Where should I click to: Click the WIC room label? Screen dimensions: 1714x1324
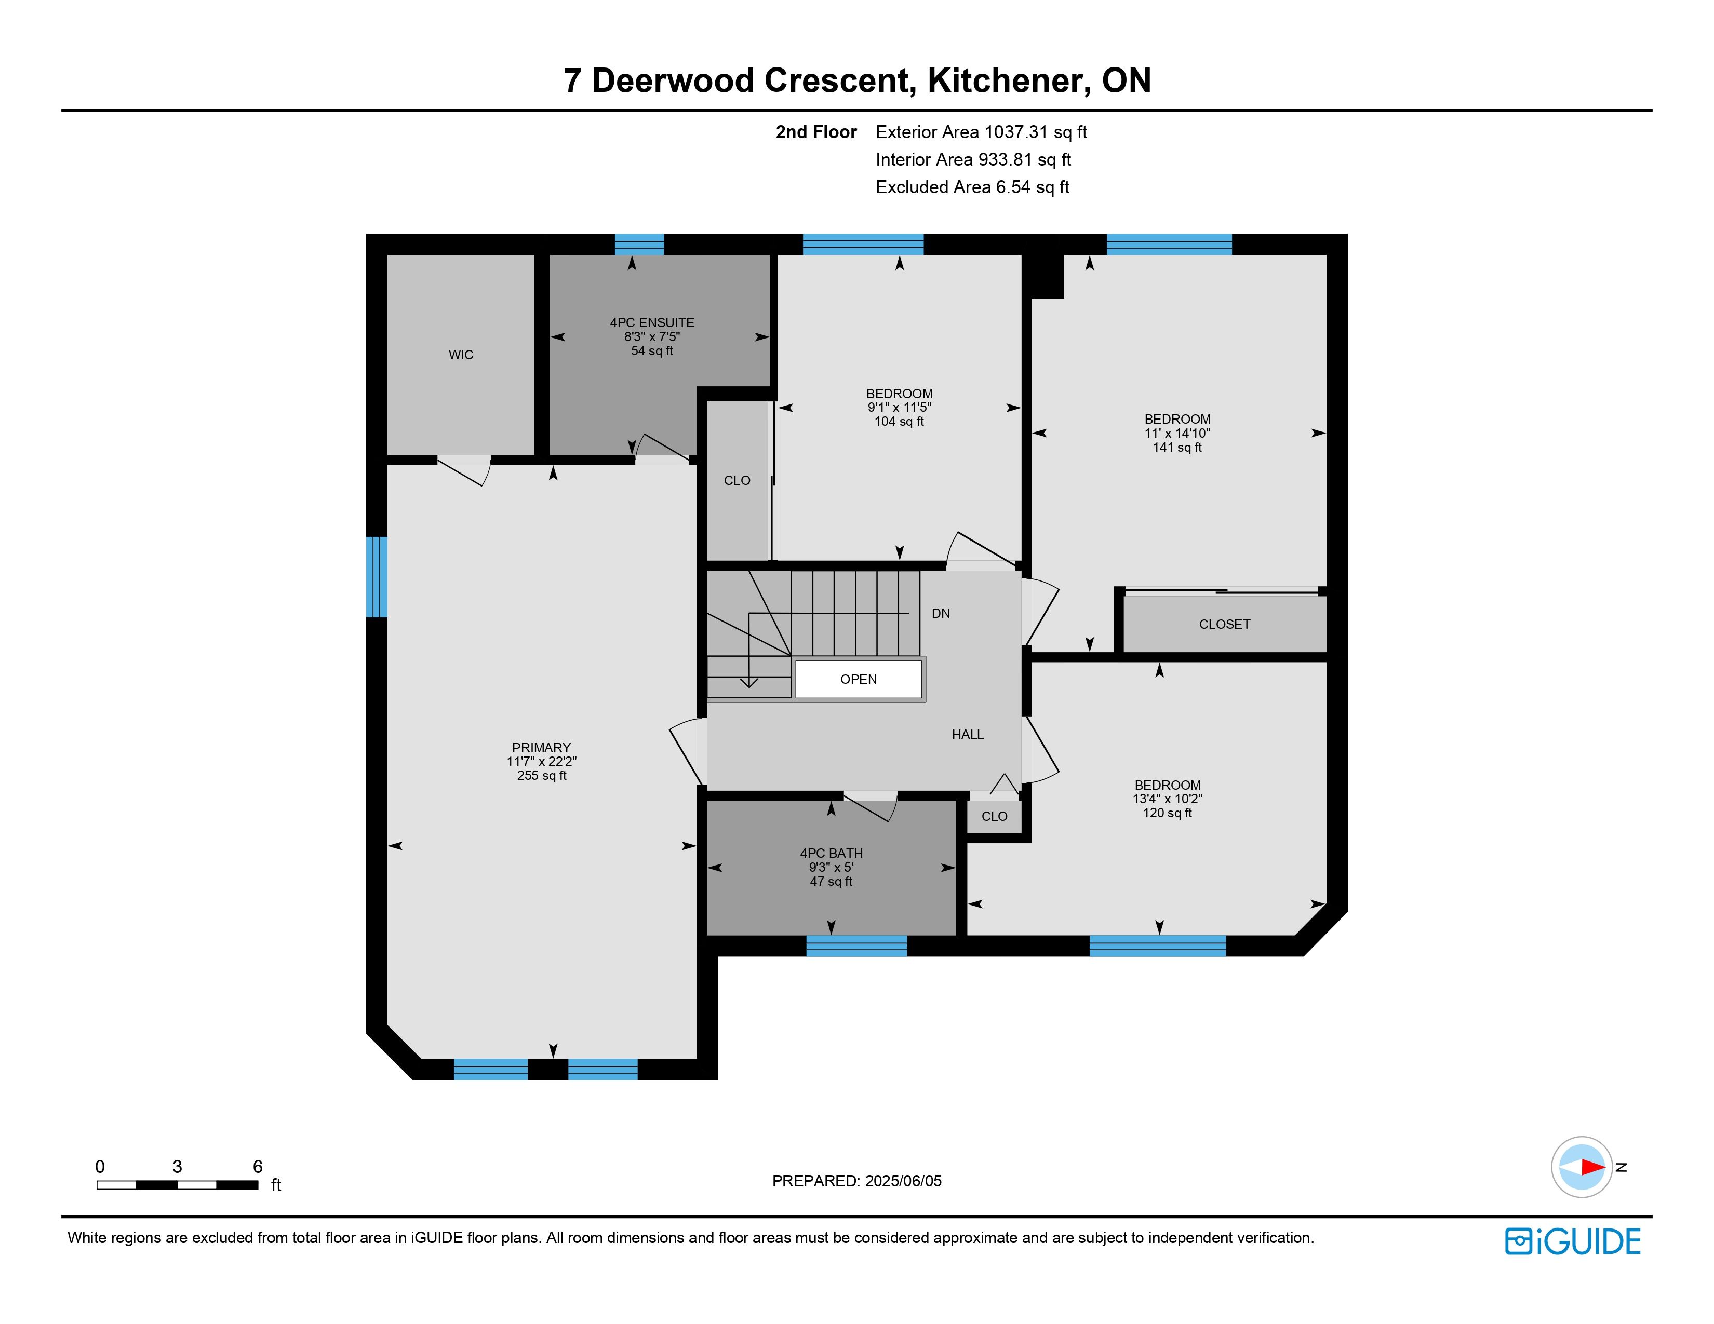pos(461,355)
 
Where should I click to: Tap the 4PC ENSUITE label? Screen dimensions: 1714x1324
pos(652,322)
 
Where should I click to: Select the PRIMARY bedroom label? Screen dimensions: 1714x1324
pos(542,748)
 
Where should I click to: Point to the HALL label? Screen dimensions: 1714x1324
pos(968,734)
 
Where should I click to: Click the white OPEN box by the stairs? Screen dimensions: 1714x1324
pos(859,679)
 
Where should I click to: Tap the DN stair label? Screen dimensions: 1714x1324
pos(941,613)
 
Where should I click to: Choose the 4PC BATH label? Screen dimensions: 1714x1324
pos(831,854)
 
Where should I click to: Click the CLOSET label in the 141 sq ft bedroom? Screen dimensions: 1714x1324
pos(1224,624)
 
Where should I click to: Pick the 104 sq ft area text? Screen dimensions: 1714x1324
pos(900,421)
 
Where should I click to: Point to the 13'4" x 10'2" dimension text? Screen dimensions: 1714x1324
pos(1167,799)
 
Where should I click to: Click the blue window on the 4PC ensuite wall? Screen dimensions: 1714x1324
pos(639,244)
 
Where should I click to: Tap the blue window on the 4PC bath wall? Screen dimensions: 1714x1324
pos(856,946)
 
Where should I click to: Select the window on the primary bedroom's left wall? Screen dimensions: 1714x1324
pos(377,576)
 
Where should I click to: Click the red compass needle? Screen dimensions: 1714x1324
pos(1593,1167)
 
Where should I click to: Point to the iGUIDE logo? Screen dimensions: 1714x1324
pos(1573,1241)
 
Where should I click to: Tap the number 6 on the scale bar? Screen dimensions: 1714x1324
pos(258,1166)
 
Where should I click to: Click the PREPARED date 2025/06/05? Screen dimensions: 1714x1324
pos(903,1181)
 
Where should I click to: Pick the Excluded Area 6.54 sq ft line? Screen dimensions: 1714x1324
pos(972,187)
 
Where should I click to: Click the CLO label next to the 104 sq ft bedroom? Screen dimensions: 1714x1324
pos(737,481)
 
